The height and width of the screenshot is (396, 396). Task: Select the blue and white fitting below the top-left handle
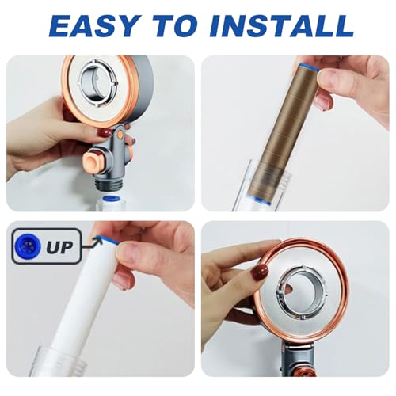tap(107, 201)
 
